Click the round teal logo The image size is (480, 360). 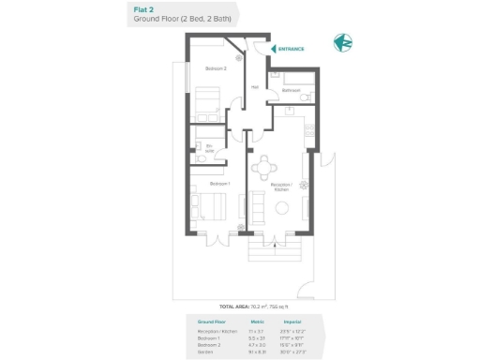pyautogui.click(x=344, y=43)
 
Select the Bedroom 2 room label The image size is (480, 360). pyautogui.click(x=217, y=68)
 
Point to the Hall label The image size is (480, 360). pyautogui.click(x=254, y=87)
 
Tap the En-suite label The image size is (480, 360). pyautogui.click(x=210, y=147)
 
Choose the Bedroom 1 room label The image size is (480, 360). pyautogui.click(x=208, y=184)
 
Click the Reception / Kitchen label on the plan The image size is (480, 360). pyautogui.click(x=281, y=187)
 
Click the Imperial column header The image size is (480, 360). pyautogui.click(x=291, y=322)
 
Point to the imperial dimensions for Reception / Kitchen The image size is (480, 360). pyautogui.click(x=291, y=331)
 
